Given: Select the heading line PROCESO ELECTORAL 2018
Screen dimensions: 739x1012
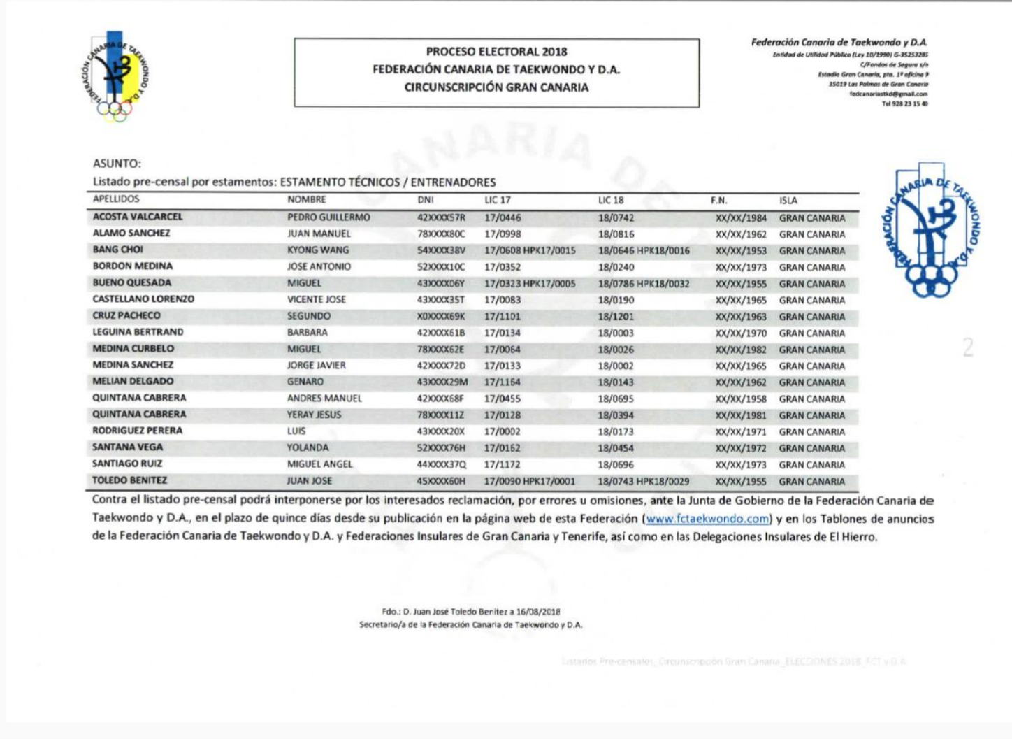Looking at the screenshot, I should point(496,52).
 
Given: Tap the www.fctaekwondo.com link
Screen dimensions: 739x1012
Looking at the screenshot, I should point(707,519).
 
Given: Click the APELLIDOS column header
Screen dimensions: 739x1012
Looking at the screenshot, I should point(116,199).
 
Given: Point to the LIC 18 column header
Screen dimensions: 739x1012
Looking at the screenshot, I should point(611,201).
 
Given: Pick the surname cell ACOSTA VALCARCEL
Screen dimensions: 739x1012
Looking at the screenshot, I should point(138,217).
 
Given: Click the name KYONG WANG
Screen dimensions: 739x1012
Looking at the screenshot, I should point(318,250).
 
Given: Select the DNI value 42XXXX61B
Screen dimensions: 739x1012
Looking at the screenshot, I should point(441,333).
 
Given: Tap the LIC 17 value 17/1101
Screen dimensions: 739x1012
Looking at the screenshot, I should point(503,316).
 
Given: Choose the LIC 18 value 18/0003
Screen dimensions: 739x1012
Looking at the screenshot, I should point(616,333).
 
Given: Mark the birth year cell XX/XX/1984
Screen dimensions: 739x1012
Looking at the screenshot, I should point(741,218).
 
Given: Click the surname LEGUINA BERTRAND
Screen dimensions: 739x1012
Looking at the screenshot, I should point(138,332).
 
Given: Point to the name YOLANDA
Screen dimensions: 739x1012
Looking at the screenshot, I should point(308,447).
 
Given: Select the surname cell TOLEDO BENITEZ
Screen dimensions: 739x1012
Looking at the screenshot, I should point(129,480).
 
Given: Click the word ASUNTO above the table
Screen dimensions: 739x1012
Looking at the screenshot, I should point(117,164).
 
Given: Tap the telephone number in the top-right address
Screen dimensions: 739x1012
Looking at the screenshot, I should point(904,103).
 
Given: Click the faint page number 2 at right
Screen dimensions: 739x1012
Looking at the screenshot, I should point(967,347).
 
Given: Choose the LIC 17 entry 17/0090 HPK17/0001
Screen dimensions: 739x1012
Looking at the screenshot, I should point(530,481).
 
